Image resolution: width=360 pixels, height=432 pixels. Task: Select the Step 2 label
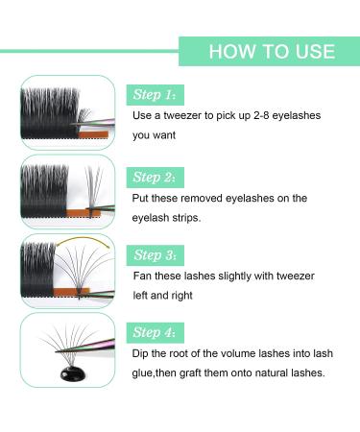[x=156, y=178]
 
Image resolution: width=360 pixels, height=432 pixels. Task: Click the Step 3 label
[x=156, y=254]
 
